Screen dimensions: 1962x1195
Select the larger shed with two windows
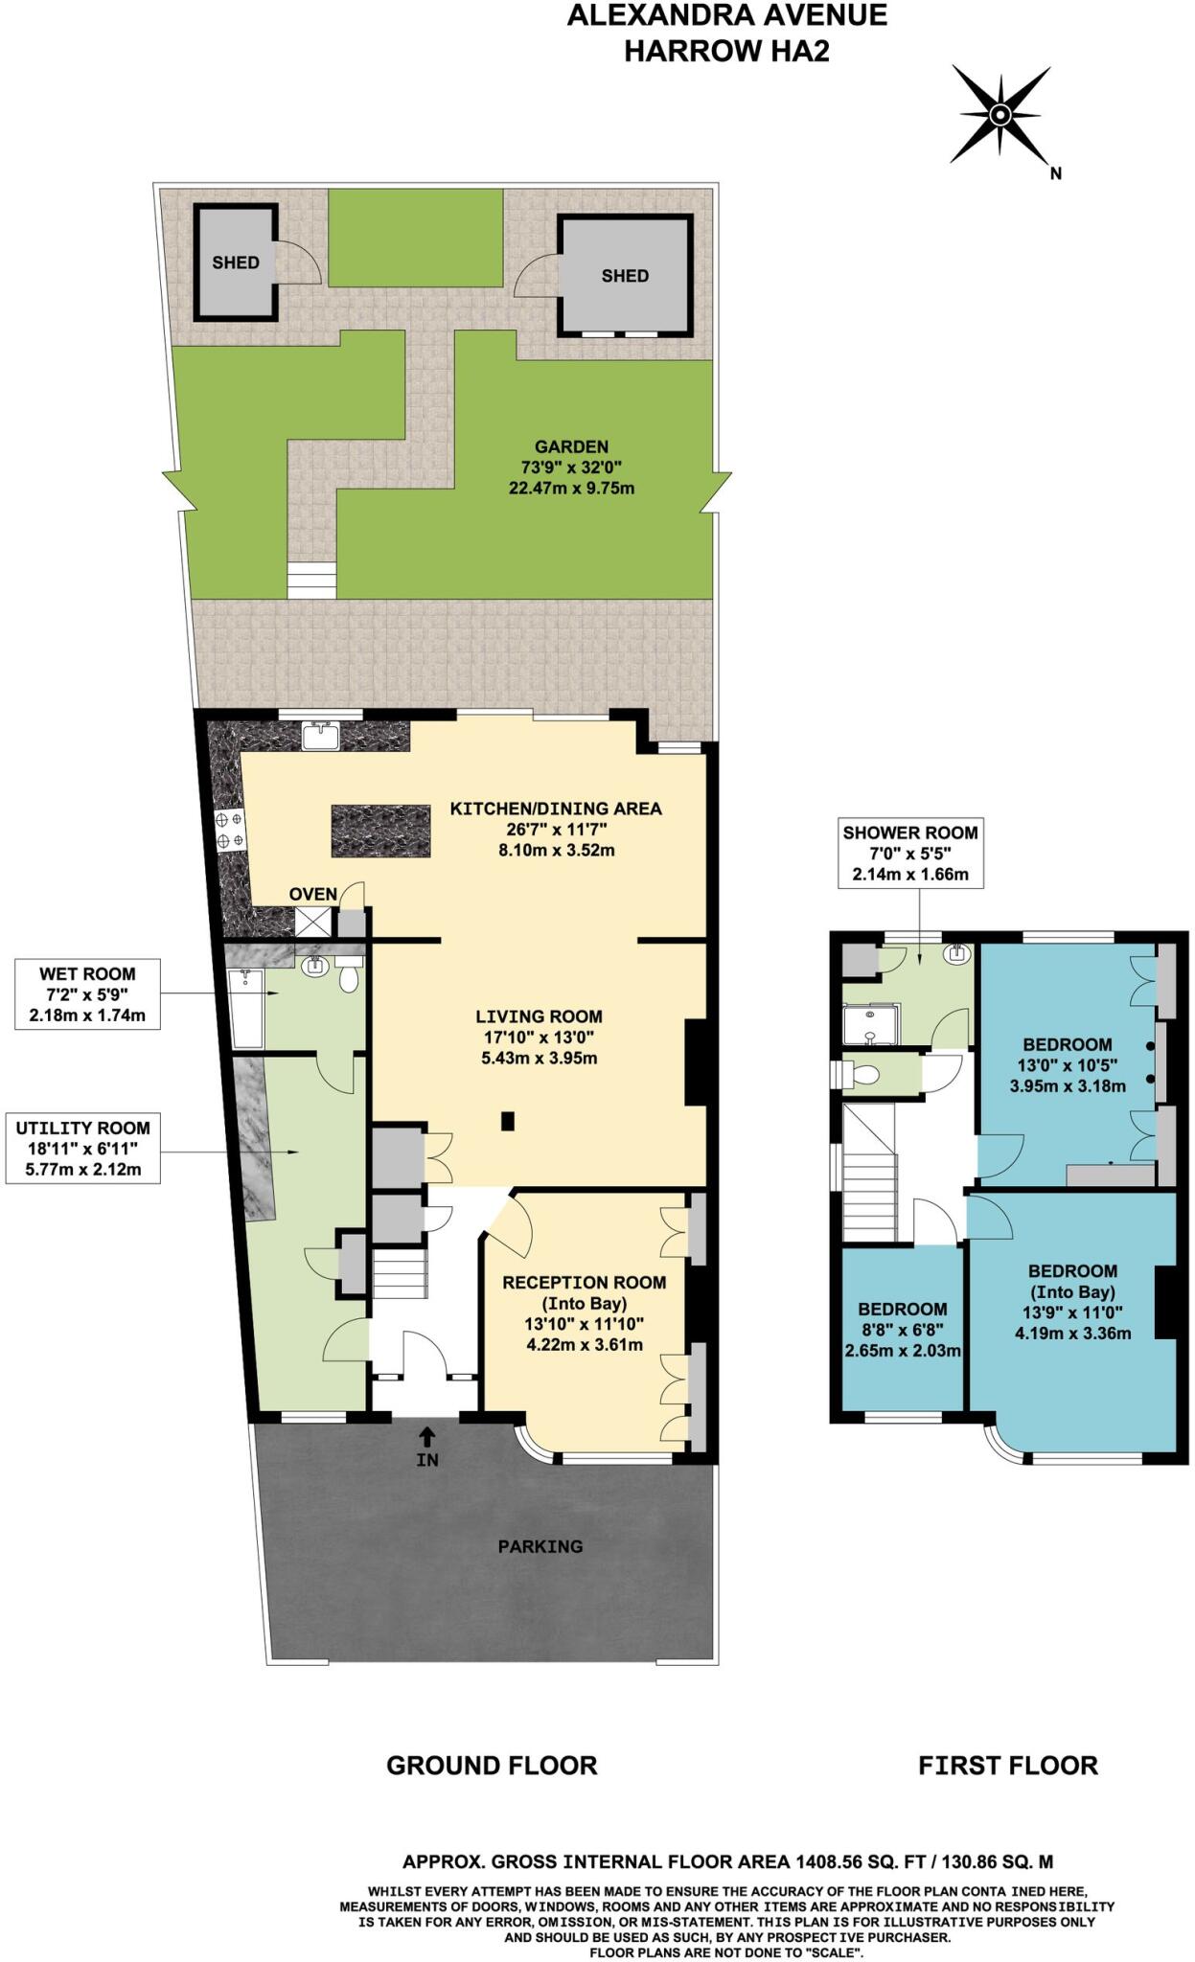pos(625,276)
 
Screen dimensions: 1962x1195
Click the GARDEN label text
pos(571,446)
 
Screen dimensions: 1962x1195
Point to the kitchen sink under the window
pos(320,736)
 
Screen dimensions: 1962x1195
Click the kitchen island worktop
pos(381,831)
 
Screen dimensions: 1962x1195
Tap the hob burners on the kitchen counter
pos(231,831)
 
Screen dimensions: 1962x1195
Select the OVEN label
pos(312,894)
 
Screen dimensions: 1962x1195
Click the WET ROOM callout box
pos(87,994)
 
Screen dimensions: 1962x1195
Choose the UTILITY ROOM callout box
pos(82,1148)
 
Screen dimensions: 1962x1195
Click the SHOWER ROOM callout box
pos(909,853)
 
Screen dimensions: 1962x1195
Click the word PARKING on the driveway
pos(540,1546)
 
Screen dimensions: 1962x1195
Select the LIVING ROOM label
pos(539,1016)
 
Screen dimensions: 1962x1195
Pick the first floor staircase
pos(868,1174)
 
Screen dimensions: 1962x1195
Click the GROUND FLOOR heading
pos(492,1765)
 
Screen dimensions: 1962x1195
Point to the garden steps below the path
pos(312,581)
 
